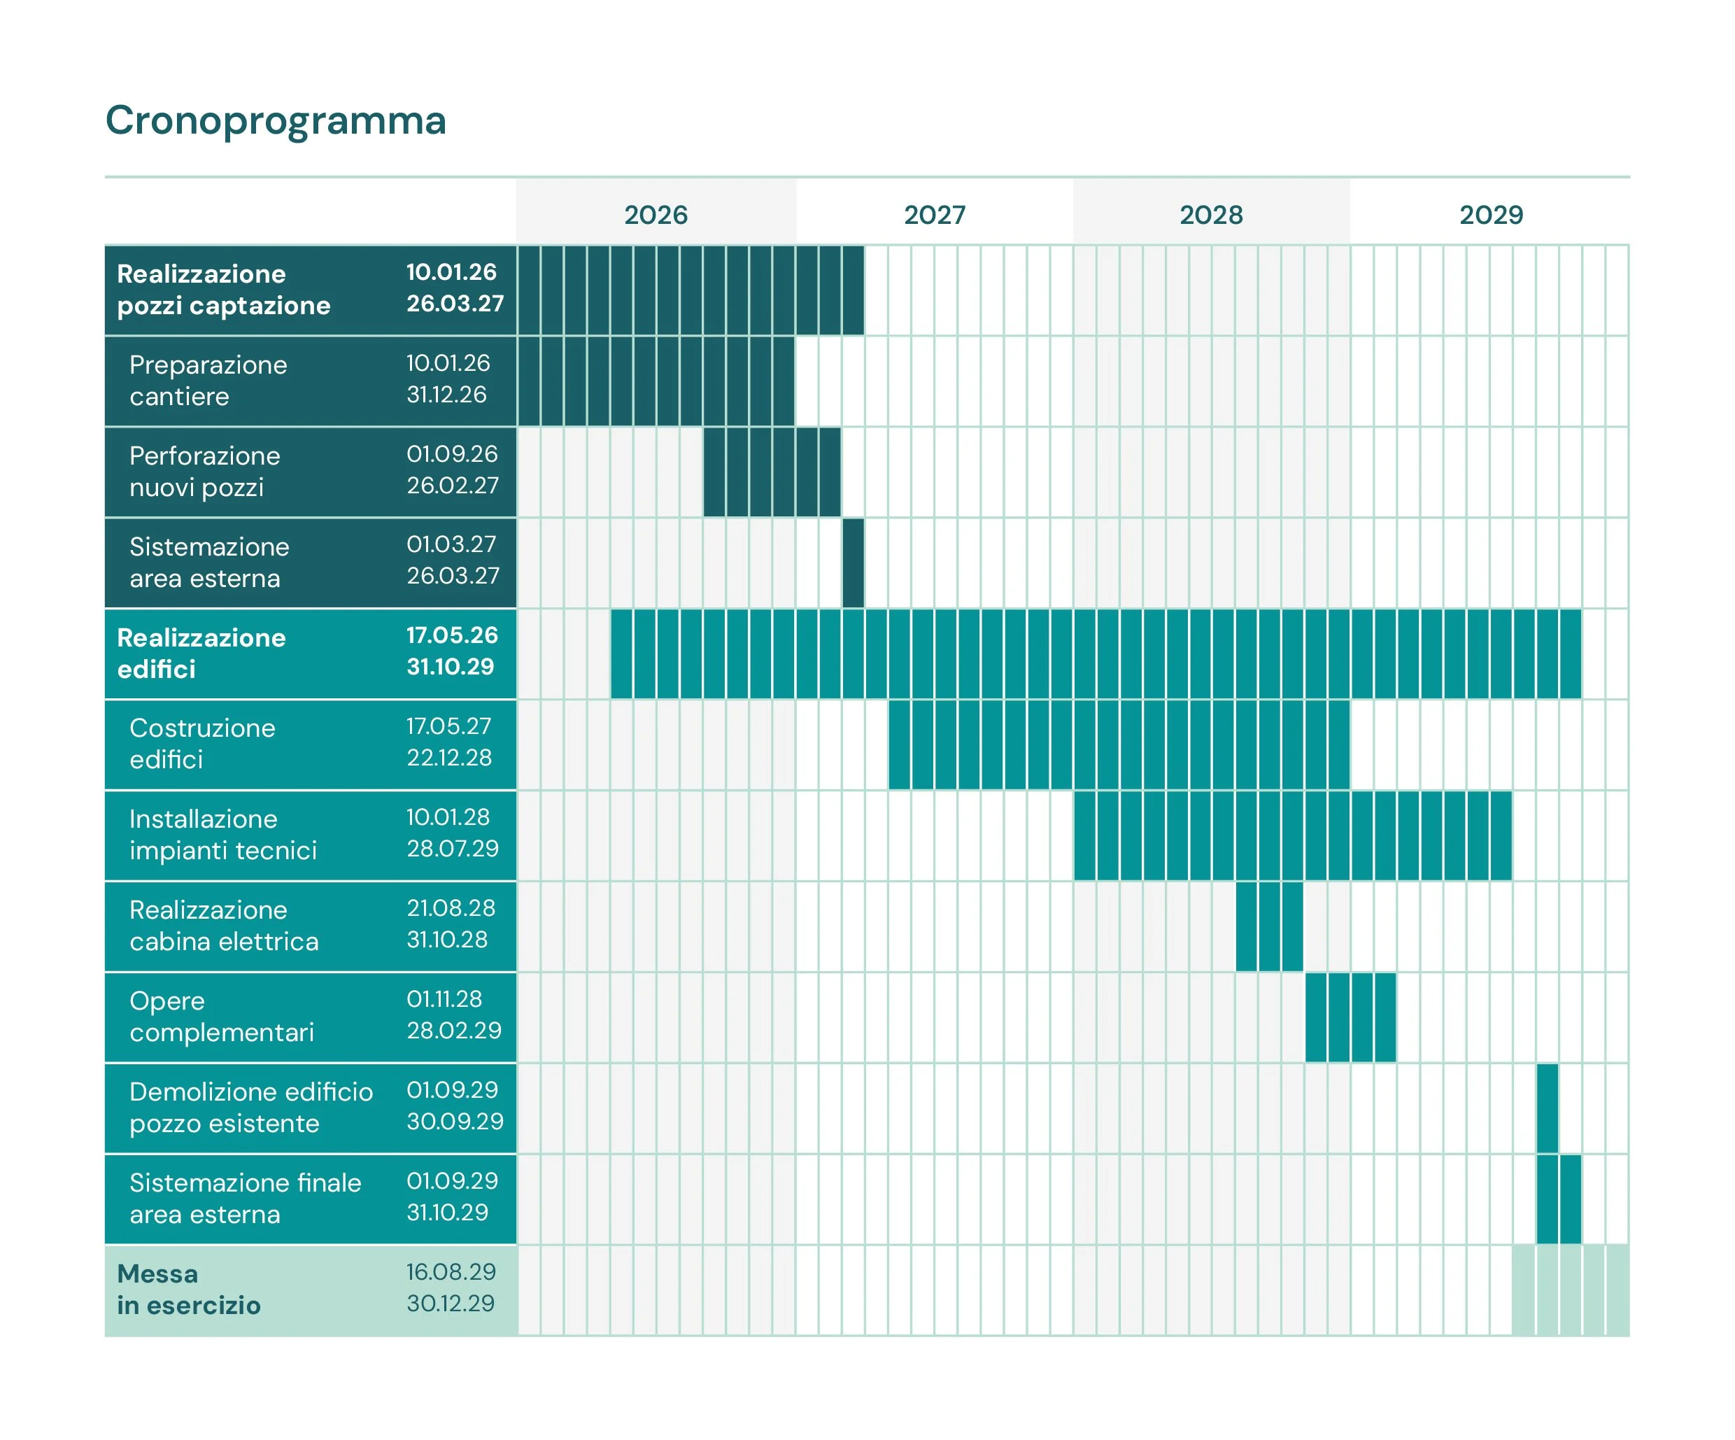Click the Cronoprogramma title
click(x=276, y=120)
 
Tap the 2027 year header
click(x=935, y=215)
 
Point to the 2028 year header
click(x=1211, y=215)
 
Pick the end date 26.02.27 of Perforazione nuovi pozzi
click(x=453, y=485)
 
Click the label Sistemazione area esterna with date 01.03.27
click(x=209, y=562)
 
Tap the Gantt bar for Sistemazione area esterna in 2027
click(x=854, y=563)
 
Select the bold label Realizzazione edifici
click(x=201, y=653)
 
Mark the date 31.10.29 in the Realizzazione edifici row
click(x=451, y=667)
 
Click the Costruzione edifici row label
click(x=202, y=744)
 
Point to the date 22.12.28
click(x=448, y=758)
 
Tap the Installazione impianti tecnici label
click(x=223, y=835)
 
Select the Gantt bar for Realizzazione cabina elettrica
click(x=1269, y=926)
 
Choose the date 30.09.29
click(x=455, y=1121)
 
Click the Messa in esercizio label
click(x=188, y=1289)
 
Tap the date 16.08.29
click(x=451, y=1271)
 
